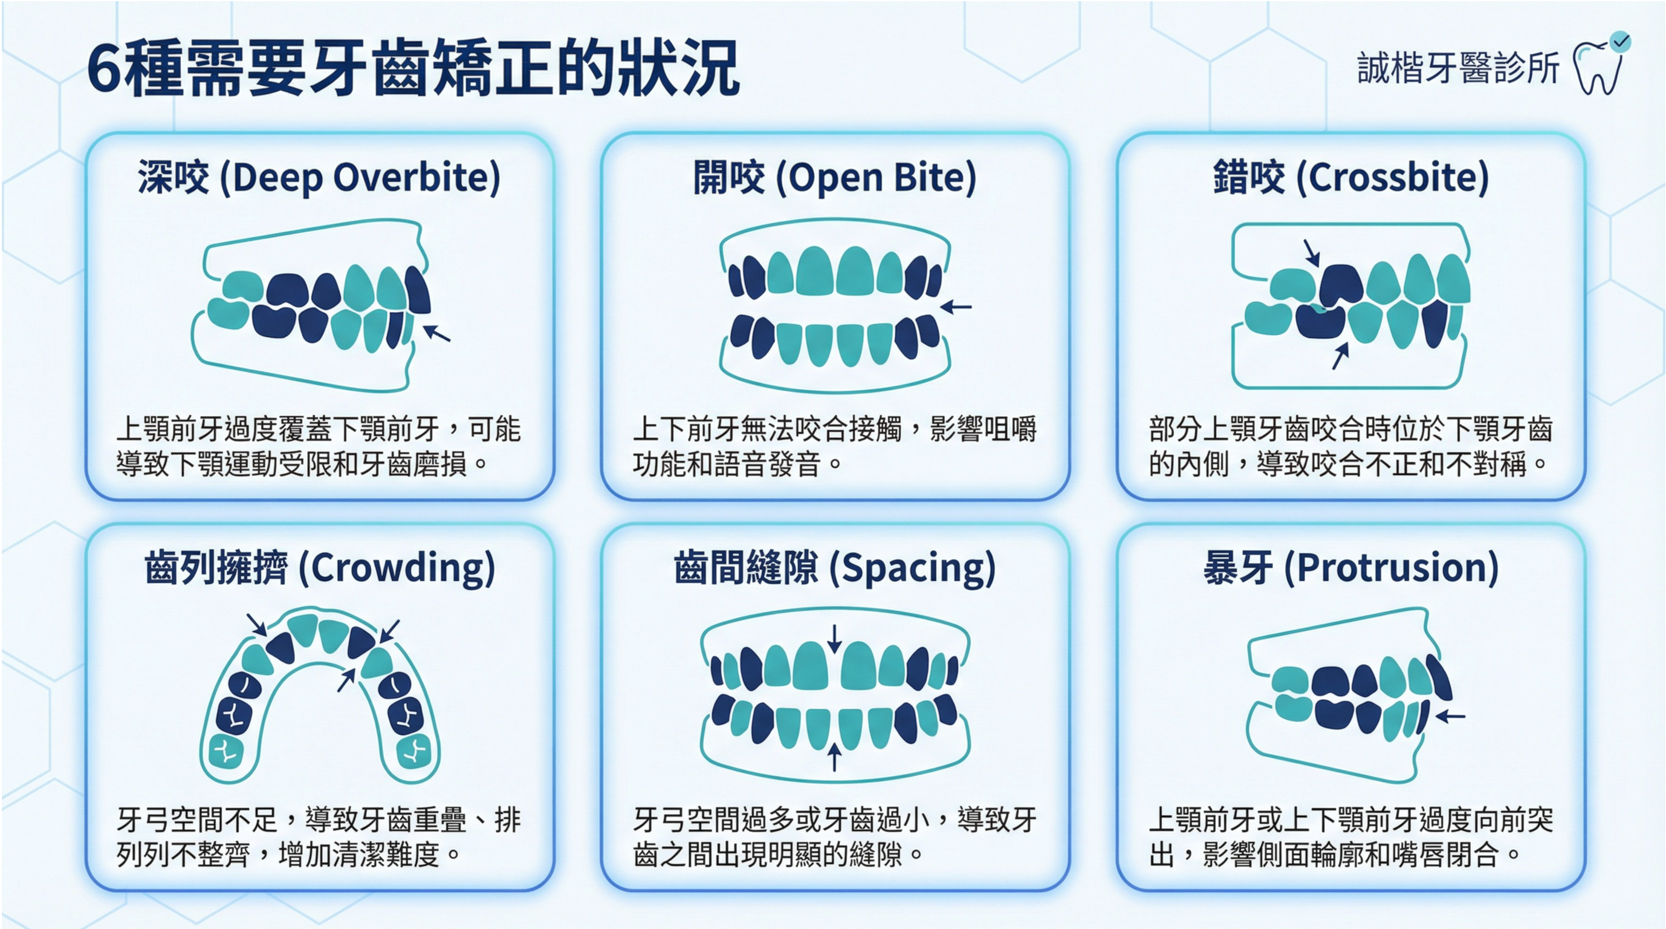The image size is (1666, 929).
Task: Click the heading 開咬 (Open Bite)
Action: point(835,177)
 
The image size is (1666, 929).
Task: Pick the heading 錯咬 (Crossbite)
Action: point(1351,177)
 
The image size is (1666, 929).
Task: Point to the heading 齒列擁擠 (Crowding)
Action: point(320,568)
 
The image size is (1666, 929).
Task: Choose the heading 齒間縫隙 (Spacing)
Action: point(835,568)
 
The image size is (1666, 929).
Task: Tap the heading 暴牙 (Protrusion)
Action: point(1351,568)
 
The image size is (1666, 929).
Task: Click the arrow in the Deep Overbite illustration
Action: point(436,333)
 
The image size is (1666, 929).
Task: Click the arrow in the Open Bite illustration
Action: point(955,307)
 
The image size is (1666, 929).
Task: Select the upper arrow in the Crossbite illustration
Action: point(1312,253)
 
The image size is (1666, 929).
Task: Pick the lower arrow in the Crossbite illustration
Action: point(1341,356)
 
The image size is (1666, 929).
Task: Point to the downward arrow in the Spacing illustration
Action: point(835,639)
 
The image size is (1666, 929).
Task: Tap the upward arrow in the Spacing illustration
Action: point(835,757)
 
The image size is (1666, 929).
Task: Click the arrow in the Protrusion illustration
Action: point(1450,716)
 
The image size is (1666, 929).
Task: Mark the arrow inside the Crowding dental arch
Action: point(348,679)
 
